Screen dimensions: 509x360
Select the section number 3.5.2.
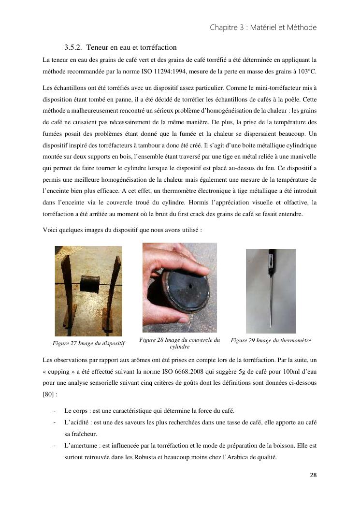[x=72, y=47]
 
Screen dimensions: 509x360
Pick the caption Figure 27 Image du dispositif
[x=88, y=343]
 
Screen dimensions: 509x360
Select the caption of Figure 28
[x=179, y=343]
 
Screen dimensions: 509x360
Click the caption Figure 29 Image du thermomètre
[x=271, y=340]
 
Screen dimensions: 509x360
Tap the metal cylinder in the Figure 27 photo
[x=89, y=283]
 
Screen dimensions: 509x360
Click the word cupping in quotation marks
[x=59, y=373]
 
